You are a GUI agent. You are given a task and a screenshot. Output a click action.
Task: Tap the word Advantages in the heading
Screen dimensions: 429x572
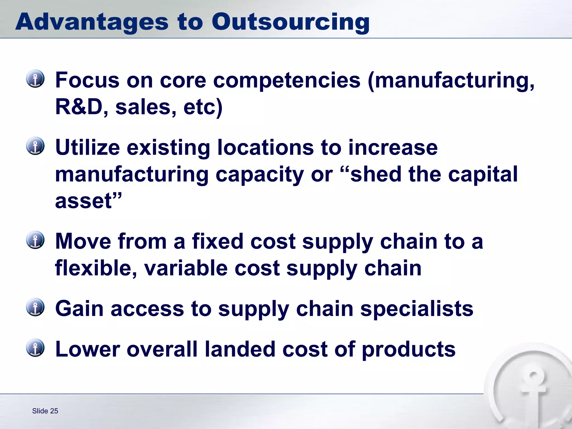(x=92, y=22)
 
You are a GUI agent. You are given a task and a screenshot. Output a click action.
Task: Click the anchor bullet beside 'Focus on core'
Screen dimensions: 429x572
(x=35, y=79)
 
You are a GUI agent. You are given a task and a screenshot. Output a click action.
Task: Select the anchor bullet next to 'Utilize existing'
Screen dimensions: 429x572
(x=35, y=146)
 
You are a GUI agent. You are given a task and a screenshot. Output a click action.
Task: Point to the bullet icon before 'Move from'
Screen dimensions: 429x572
(x=35, y=240)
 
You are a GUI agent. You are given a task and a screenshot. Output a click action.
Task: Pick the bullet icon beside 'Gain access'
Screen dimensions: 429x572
(x=35, y=307)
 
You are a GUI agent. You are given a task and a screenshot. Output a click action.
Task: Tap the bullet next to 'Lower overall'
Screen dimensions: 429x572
(x=35, y=348)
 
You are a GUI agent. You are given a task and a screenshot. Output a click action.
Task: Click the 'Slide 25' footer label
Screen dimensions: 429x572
(x=45, y=411)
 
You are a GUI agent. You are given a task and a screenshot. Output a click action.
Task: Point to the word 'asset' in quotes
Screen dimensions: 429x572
(x=84, y=201)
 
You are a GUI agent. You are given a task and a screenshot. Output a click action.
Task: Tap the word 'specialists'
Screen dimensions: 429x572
(x=417, y=309)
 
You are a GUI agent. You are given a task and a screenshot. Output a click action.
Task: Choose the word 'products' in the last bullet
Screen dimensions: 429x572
(x=409, y=350)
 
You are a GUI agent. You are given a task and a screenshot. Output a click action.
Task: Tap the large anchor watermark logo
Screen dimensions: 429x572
(x=531, y=391)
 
